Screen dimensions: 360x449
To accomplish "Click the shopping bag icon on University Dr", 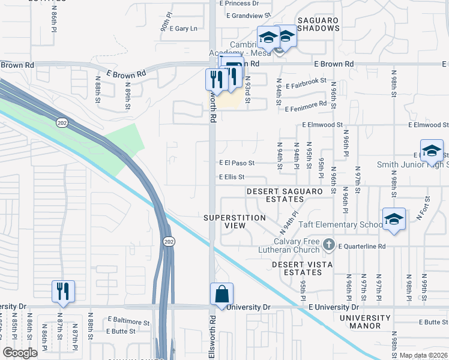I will tap(221, 295).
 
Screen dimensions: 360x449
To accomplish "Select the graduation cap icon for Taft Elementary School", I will tap(394, 220).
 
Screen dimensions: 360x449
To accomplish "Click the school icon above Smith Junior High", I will tap(431, 151).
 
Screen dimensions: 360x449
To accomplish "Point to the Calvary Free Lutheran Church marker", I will tap(328, 245).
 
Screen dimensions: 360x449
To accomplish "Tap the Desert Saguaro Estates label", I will tap(285, 196).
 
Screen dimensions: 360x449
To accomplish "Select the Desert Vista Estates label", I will tap(297, 268).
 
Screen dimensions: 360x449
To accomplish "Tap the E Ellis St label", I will tap(232, 177).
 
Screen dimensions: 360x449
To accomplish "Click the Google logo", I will tap(20, 353).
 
